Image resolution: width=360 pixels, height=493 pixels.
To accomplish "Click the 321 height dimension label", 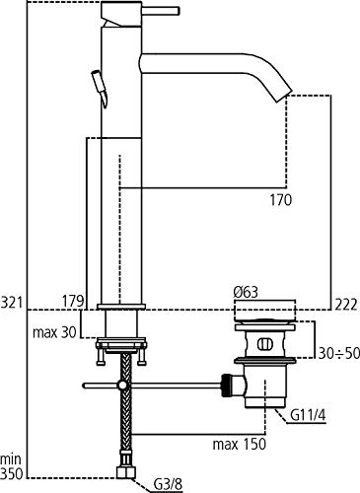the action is click(x=12, y=303).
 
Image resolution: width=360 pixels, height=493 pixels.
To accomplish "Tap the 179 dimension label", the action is click(x=73, y=301).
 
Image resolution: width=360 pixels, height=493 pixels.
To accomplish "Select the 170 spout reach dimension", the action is click(x=281, y=200).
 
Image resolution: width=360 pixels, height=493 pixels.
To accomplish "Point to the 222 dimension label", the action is click(x=346, y=305).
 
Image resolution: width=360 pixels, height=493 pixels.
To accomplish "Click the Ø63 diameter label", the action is click(x=246, y=292).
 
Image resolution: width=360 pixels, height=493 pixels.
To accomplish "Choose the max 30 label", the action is click(x=54, y=332).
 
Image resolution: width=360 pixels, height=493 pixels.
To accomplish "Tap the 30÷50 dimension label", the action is click(x=338, y=353).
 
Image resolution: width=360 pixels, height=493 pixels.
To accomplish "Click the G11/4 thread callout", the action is click(x=308, y=416).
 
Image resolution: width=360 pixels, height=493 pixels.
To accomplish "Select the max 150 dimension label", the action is click(x=239, y=445).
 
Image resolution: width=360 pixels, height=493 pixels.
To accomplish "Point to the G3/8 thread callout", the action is click(x=168, y=484).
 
